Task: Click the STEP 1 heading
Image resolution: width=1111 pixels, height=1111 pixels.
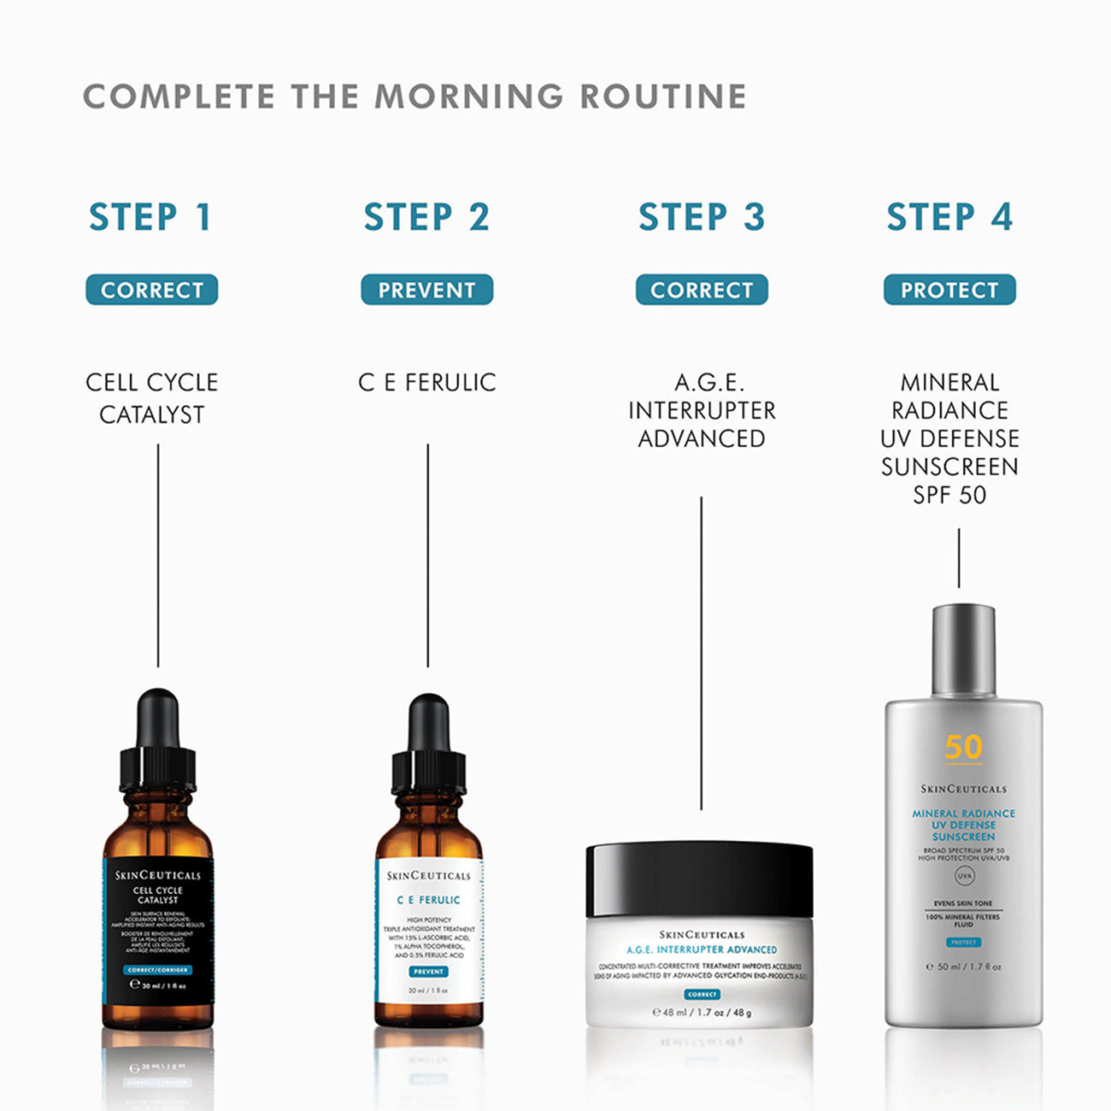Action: tap(150, 217)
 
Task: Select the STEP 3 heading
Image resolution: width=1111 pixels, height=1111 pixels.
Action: tap(701, 217)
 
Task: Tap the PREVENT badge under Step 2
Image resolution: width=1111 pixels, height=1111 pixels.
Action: tap(426, 290)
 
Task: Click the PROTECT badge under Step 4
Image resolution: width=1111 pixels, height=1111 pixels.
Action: tap(949, 290)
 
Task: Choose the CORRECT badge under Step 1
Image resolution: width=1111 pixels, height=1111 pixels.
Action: tap(151, 290)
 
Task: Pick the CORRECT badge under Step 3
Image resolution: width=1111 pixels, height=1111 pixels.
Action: tap(701, 290)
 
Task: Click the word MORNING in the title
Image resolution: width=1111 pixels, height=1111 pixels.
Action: tap(469, 97)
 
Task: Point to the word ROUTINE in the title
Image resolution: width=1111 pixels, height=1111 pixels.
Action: tap(663, 97)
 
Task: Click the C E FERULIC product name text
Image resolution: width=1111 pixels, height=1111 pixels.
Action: tap(426, 382)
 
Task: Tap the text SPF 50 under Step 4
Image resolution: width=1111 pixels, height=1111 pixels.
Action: tap(949, 495)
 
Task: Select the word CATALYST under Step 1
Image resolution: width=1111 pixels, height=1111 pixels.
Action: tap(151, 414)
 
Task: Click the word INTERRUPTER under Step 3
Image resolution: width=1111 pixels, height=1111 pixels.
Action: tap(702, 410)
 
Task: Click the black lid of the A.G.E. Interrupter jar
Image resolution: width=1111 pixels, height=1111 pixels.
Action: tap(699, 879)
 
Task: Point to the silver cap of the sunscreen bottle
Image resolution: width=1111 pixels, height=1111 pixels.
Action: tap(963, 650)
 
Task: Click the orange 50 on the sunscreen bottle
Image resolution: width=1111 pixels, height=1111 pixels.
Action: tap(963, 747)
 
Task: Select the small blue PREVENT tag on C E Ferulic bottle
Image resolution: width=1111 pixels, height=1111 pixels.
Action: tap(428, 972)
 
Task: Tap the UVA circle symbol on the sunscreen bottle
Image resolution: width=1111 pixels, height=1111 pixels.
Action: tap(964, 876)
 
